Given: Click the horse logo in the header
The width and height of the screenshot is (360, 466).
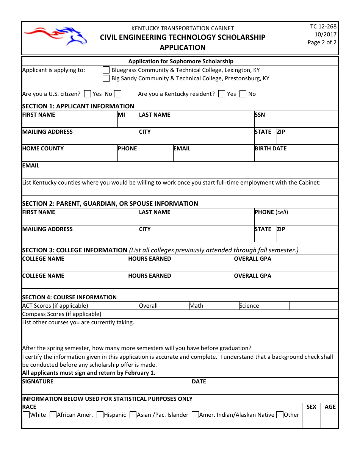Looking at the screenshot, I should pos(55,36).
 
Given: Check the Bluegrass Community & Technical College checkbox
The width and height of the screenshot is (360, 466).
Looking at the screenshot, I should pos(106,70).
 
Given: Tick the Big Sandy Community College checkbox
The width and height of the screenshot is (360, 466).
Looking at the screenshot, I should pos(106,78).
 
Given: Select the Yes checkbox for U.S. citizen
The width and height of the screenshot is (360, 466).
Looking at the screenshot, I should pos(87,94).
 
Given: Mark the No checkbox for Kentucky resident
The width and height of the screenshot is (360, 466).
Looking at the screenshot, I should pos(243,94).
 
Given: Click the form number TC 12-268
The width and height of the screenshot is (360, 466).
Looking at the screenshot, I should pos(323,27).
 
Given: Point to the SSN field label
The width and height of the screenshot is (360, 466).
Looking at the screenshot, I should pos(260,115).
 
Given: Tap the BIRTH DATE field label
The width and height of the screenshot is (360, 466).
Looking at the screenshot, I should pos(271,149).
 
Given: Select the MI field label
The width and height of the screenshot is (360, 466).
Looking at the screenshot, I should pos(121,115).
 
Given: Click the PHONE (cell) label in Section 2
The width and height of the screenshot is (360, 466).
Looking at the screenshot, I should pos(271,212).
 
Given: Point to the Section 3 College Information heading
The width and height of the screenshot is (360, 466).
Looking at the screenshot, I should pos(75,250).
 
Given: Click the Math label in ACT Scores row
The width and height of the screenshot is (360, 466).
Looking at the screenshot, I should pos(196,306).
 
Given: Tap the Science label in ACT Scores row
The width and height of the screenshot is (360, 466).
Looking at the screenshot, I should pos(249,306).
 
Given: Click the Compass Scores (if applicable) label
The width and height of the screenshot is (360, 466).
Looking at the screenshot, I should pos(62,314).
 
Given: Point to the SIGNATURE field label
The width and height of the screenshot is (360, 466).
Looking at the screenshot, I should pos(38,382).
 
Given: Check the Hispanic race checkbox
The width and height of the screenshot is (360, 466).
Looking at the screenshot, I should pos(100,415).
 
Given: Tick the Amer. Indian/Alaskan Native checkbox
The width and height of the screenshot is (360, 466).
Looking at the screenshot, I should pos(195,415).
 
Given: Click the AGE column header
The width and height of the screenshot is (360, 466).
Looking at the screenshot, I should pos(330,407).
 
